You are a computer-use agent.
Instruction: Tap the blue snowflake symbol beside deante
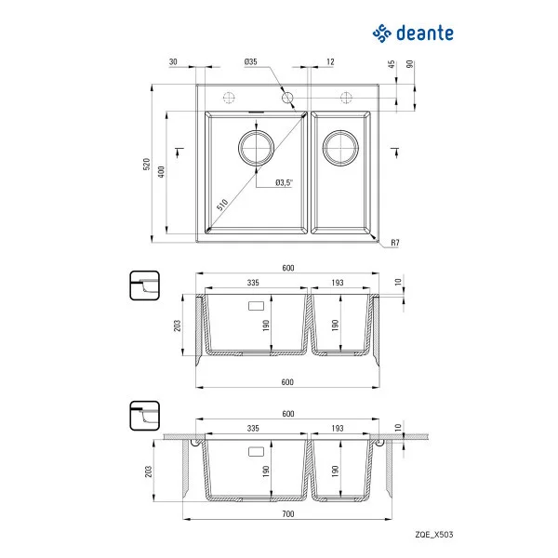(x=381, y=33)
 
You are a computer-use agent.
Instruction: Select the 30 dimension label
(x=174, y=61)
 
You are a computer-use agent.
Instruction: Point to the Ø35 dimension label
(x=250, y=61)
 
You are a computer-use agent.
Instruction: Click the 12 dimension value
(x=330, y=61)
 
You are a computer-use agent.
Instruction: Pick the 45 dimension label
(x=392, y=65)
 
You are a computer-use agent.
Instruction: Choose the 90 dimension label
(x=409, y=65)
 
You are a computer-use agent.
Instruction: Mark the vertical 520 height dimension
(x=146, y=164)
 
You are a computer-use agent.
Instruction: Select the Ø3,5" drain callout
(x=285, y=182)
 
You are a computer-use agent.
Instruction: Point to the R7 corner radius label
(x=394, y=243)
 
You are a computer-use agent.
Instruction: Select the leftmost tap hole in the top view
(x=228, y=97)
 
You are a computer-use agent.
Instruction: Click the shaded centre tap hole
(x=287, y=97)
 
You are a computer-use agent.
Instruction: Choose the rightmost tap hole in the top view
(x=348, y=97)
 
